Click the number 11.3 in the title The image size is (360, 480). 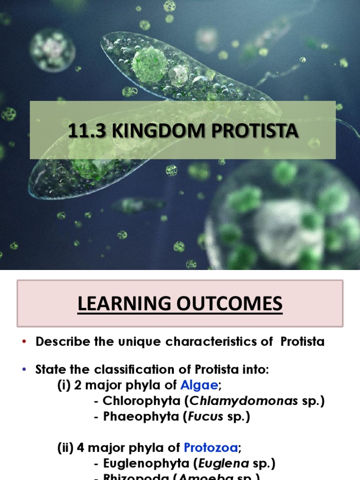82,131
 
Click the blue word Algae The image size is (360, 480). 198,385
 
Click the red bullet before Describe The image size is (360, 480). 24,342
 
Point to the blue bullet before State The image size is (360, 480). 24,370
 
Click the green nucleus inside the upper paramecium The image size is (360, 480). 149,65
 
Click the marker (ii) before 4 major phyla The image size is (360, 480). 65,449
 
